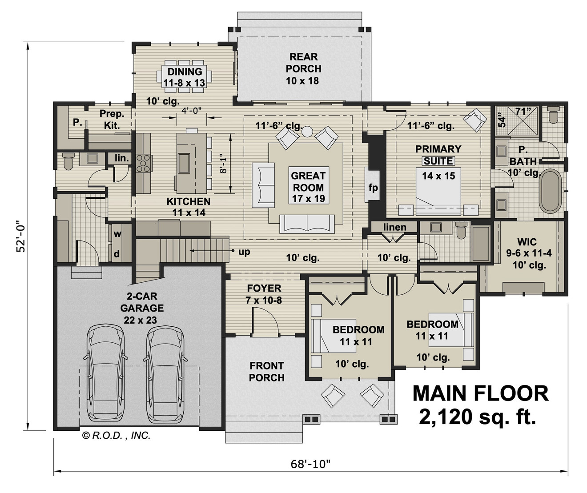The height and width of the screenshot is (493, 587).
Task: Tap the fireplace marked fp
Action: tap(373, 187)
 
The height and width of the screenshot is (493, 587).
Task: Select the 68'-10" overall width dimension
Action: tap(311, 465)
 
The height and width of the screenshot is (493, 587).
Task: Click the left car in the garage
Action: tap(105, 373)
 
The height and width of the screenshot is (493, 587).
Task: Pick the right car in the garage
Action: tap(165, 373)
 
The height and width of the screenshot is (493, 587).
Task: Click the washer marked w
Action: tap(117, 234)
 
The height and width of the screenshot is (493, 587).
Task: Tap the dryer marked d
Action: tap(117, 254)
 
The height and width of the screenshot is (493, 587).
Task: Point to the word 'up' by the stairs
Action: tap(244, 252)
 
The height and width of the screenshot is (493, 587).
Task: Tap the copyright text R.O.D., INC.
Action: tap(117, 436)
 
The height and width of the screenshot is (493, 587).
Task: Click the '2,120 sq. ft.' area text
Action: tap(477, 417)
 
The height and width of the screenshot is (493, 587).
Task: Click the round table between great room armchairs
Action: tap(307, 132)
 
